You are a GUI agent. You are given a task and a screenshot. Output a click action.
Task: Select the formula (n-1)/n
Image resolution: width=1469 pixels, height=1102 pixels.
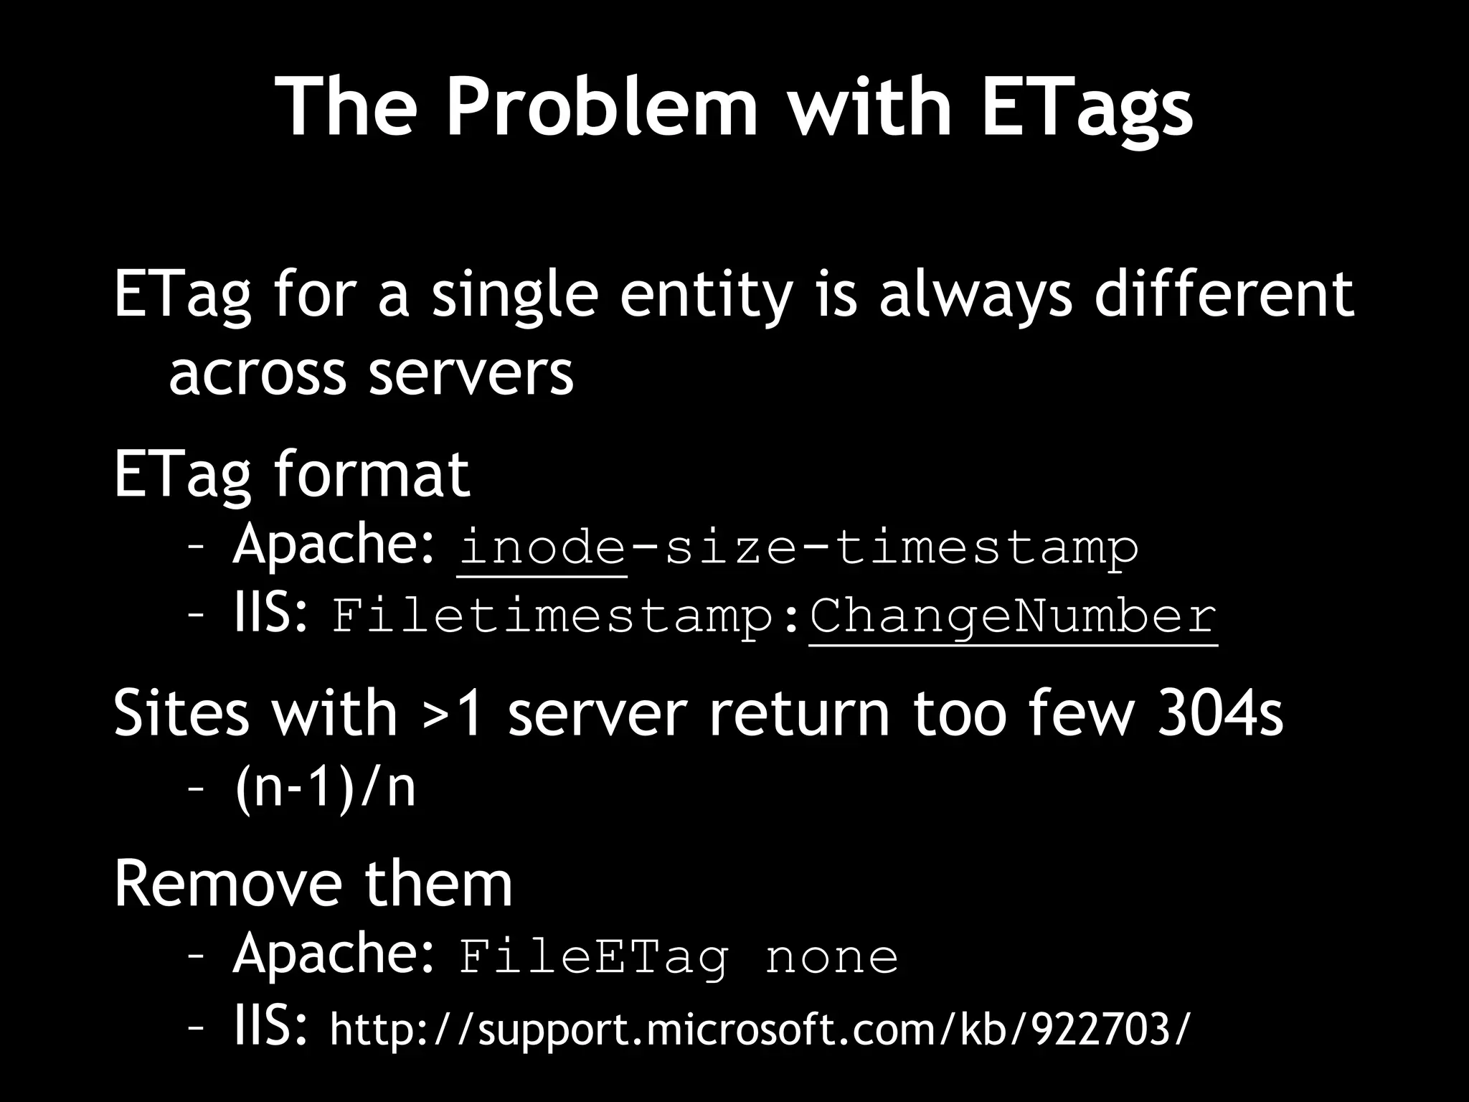click(x=325, y=788)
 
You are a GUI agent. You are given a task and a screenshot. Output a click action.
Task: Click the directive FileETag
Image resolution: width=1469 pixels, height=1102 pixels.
click(x=593, y=957)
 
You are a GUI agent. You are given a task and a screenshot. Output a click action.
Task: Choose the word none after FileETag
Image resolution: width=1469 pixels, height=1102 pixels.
click(x=831, y=957)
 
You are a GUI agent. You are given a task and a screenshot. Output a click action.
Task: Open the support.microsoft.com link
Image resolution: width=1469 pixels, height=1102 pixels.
click(x=759, y=1029)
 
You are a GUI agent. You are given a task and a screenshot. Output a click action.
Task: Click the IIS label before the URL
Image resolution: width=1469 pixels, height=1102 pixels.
click(x=271, y=1026)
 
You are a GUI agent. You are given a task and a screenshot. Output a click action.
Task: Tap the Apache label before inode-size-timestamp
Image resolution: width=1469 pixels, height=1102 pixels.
click(x=333, y=544)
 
